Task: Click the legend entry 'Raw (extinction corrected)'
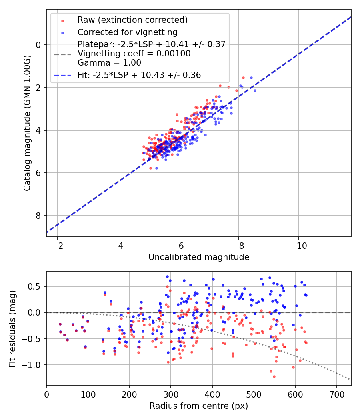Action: tap(132, 20)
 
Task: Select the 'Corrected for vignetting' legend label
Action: tap(128, 32)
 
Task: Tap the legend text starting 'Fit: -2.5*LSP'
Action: tap(139, 75)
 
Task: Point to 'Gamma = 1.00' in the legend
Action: tap(109, 63)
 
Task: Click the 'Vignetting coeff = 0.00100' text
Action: tap(134, 54)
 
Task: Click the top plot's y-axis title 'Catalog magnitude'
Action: tap(27, 123)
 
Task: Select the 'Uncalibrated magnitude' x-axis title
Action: tap(199, 257)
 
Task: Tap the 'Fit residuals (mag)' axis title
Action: tap(12, 329)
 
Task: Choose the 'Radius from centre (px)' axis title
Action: tap(199, 406)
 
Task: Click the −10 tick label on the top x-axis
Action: tap(299, 246)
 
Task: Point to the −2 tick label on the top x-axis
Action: tap(57, 246)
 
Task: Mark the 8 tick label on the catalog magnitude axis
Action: tap(38, 216)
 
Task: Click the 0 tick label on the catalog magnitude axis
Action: tap(38, 45)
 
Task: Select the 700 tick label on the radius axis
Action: tap(336, 394)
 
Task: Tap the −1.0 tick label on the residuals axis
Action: tap(32, 365)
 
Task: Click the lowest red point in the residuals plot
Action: tap(274, 377)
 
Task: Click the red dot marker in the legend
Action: tap(62, 21)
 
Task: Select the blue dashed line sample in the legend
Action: tap(63, 76)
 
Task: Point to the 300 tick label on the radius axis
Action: tap(171, 394)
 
